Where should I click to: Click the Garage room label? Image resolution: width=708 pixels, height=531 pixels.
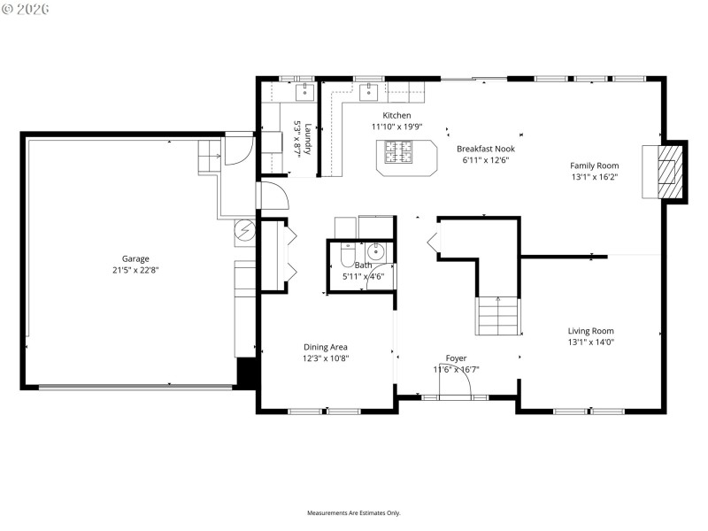pyautogui.click(x=135, y=258)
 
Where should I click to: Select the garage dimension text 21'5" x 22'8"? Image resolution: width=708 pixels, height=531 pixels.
pyautogui.click(x=135, y=270)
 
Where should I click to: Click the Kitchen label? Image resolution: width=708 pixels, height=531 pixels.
pyautogui.click(x=396, y=116)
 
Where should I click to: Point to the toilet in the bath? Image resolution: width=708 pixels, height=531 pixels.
pyautogui.click(x=348, y=256)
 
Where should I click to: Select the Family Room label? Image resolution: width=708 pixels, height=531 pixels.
pyautogui.click(x=594, y=165)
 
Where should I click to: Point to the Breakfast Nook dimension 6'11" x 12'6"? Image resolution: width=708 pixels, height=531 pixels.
pyautogui.click(x=487, y=161)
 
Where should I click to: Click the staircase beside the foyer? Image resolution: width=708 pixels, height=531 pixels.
pyautogui.click(x=497, y=316)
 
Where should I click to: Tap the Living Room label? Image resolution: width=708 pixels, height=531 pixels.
pyautogui.click(x=590, y=331)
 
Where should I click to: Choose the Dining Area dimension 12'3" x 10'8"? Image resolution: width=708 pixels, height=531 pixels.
pyautogui.click(x=326, y=358)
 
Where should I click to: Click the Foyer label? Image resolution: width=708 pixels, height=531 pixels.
pyautogui.click(x=456, y=358)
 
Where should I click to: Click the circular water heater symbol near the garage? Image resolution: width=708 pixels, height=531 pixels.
pyautogui.click(x=244, y=234)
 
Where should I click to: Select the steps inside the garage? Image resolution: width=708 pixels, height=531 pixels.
pyautogui.click(x=208, y=157)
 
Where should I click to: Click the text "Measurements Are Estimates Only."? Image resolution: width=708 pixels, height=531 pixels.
pyautogui.click(x=354, y=512)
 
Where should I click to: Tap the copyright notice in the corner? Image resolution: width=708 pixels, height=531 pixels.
pyautogui.click(x=26, y=8)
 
